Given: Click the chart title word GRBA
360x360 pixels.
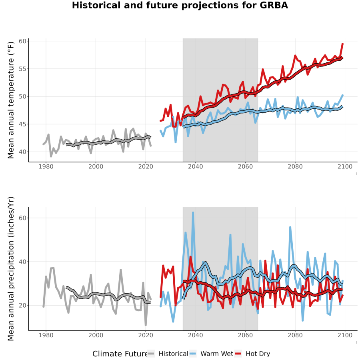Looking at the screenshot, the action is pos(274,5).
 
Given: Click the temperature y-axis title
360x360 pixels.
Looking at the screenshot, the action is pos(11,100).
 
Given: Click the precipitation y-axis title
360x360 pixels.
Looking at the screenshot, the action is pos(11,269).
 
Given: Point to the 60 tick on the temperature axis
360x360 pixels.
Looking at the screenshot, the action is pos(22,41).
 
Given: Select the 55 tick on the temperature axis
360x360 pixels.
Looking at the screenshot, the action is pos(22,69).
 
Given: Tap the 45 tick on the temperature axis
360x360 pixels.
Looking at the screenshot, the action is pos(22,124).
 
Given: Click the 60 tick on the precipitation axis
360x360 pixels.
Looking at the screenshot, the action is pos(22,218).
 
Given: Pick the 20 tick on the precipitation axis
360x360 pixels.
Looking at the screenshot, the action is pos(22,305).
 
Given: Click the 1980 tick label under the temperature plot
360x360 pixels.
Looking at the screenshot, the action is pos(46,166).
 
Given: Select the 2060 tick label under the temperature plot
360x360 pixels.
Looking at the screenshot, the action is pos(245,166).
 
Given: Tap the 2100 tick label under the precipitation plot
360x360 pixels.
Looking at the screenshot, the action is pos(345,335).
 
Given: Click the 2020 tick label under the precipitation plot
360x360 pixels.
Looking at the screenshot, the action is pos(146,335).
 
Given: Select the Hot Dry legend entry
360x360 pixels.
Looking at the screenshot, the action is pos(252,354).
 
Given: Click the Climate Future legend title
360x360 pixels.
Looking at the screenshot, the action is pos(120,354).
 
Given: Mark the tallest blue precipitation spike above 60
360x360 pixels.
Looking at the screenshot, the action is pos(193,213).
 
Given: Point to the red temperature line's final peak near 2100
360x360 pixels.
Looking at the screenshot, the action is pos(342,44).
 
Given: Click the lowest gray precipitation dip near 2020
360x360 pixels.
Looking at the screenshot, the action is pos(146,325).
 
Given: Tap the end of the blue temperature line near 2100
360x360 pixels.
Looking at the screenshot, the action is pos(342,95).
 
